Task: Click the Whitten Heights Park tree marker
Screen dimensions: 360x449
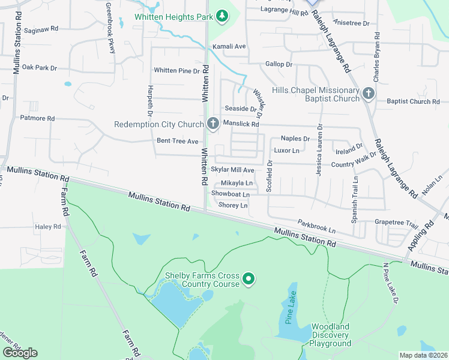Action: (221, 15)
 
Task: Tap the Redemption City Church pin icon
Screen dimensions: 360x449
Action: (212, 124)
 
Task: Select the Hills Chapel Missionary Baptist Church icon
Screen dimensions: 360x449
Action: (368, 93)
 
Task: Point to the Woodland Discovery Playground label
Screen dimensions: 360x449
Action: (330, 335)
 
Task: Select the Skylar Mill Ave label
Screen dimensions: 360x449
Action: (232, 170)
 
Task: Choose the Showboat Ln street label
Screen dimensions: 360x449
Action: (230, 194)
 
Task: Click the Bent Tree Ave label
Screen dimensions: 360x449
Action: (177, 141)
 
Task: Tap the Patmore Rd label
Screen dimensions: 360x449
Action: (37, 118)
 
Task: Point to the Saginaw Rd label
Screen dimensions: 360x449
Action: (41, 28)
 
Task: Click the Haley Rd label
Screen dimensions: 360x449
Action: (48, 226)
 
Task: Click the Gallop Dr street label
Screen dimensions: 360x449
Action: (279, 64)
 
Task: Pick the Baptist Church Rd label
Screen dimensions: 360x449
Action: (413, 101)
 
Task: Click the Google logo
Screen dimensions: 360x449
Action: (20, 352)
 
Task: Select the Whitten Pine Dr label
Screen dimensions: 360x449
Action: (176, 70)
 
